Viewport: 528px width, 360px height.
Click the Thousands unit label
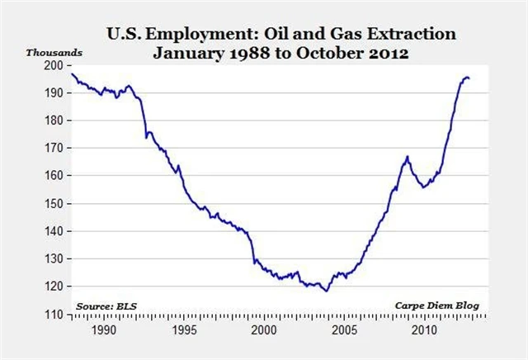[x=54, y=52]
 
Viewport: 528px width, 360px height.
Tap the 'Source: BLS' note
[x=106, y=306]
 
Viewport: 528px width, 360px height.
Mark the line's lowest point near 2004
[x=327, y=291]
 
